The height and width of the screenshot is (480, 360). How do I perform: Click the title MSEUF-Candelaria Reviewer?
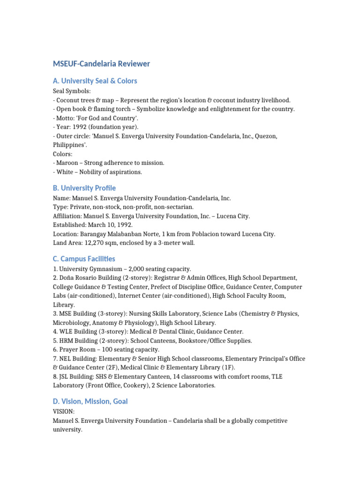(x=101, y=64)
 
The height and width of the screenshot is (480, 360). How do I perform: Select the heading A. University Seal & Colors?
(x=95, y=81)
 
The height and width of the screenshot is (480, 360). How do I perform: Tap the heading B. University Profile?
(x=84, y=188)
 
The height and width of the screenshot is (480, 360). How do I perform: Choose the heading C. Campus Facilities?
(x=84, y=259)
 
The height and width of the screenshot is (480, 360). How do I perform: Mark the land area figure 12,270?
(x=92, y=243)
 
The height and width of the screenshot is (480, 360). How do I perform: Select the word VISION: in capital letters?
(x=64, y=411)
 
